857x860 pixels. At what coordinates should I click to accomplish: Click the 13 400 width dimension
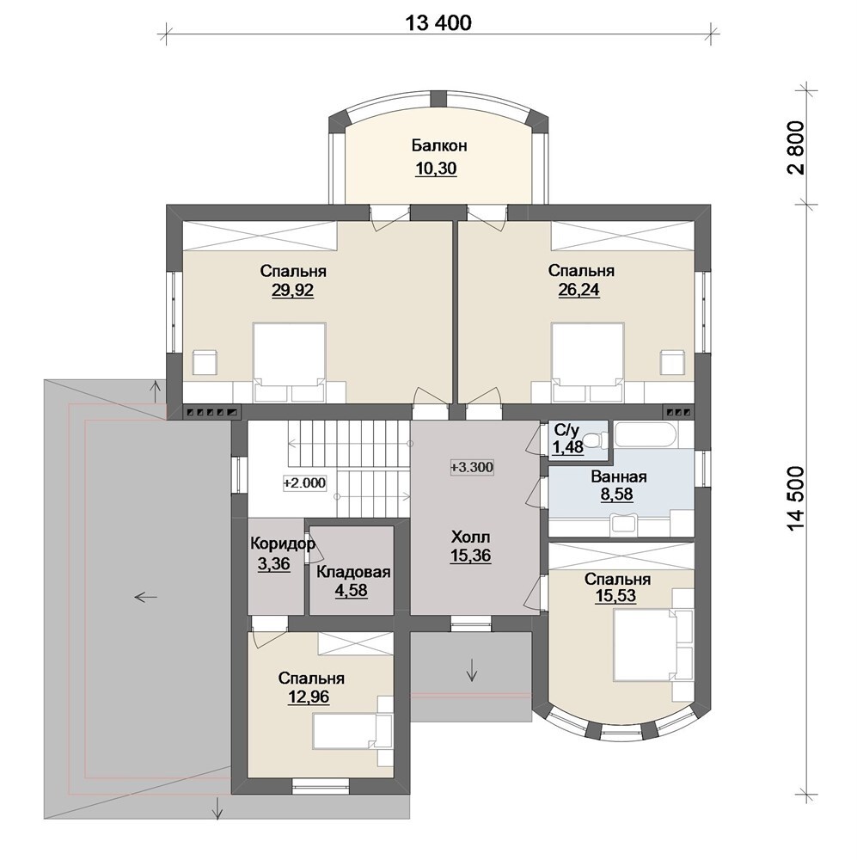click(x=438, y=23)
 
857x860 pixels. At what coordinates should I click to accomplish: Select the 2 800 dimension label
click(x=797, y=148)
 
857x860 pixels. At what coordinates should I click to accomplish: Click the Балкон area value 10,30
click(x=437, y=169)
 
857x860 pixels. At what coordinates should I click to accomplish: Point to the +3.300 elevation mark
click(x=472, y=467)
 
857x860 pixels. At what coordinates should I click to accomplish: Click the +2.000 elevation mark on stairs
click(x=304, y=483)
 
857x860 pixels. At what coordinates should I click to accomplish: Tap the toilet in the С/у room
click(x=594, y=439)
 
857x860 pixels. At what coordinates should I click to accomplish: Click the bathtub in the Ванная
click(x=645, y=434)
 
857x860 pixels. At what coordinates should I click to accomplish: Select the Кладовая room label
click(x=353, y=573)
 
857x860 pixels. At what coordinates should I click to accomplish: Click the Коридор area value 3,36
click(x=273, y=564)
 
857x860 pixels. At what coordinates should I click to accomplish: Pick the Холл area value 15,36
click(x=470, y=556)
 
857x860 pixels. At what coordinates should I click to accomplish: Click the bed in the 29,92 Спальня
click(x=289, y=363)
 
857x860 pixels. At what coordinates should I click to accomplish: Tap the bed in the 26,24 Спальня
click(x=588, y=363)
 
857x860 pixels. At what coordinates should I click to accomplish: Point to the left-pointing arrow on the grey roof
click(x=146, y=597)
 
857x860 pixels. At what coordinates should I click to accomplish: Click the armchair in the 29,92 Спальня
click(x=205, y=363)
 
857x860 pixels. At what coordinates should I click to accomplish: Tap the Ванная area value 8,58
click(x=617, y=494)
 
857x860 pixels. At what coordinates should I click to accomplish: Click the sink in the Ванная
click(x=624, y=523)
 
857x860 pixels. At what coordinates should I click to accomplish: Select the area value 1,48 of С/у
click(x=567, y=448)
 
